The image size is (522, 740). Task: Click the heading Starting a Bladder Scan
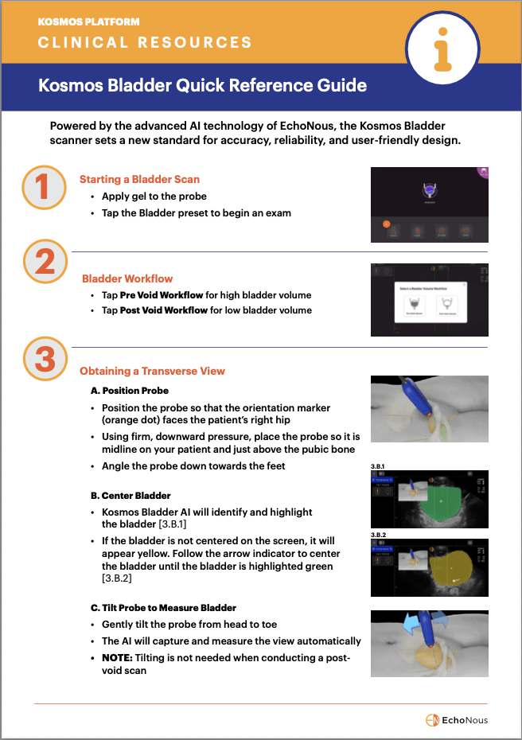point(139,180)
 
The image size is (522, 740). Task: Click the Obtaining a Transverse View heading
point(152,371)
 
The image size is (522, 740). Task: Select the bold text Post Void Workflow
point(164,310)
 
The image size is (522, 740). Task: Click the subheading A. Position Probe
point(129,391)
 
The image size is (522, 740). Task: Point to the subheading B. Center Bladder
point(130,496)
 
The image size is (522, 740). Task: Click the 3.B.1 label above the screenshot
point(380,465)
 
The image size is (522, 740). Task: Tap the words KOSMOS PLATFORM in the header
point(88,22)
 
